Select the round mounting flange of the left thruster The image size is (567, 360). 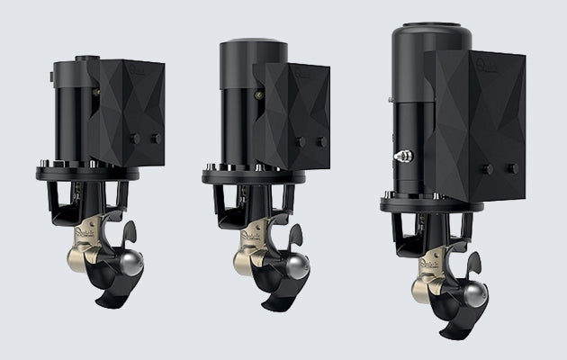tap(87, 170)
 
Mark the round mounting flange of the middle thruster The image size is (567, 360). tap(253, 175)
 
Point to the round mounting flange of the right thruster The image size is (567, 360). tap(432, 203)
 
